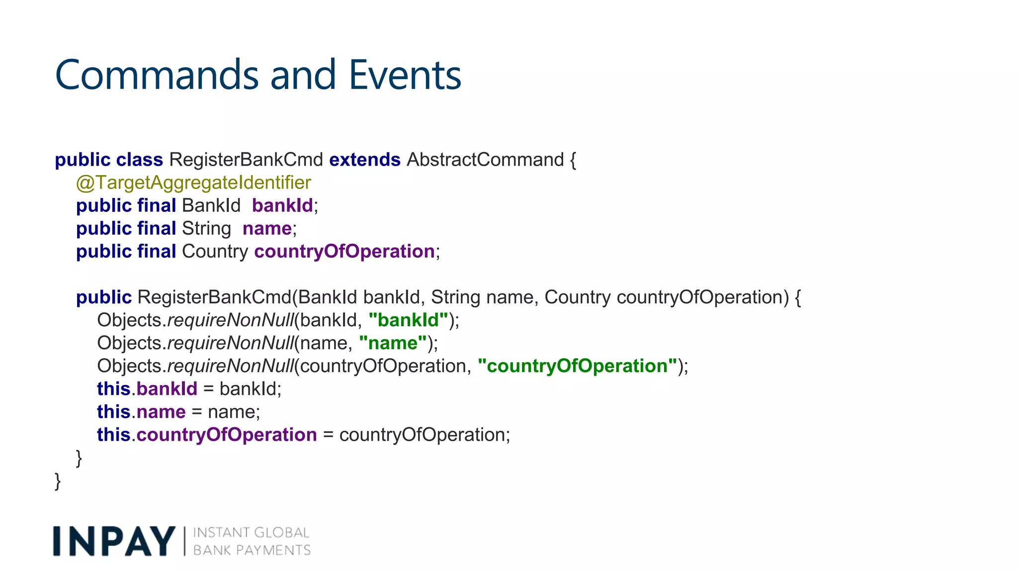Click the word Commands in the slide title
pos(157,75)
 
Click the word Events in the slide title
pos(405,75)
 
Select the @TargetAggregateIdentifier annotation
pos(193,183)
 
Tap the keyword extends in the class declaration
pos(364,160)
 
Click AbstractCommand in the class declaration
pos(485,160)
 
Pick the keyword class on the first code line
pos(139,160)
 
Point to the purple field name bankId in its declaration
pos(282,205)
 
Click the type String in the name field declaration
pos(206,228)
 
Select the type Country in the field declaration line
pos(215,251)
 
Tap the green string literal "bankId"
pos(408,320)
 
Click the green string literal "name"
pos(393,343)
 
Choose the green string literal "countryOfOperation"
pos(577,366)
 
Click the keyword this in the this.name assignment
pos(113,412)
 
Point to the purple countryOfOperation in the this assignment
pos(227,435)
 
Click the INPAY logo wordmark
pos(114,541)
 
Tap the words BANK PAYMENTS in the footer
pos(252,550)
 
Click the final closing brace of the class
pos(58,481)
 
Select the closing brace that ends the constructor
pos(79,458)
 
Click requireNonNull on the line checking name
pos(231,343)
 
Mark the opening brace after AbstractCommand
pos(573,160)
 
